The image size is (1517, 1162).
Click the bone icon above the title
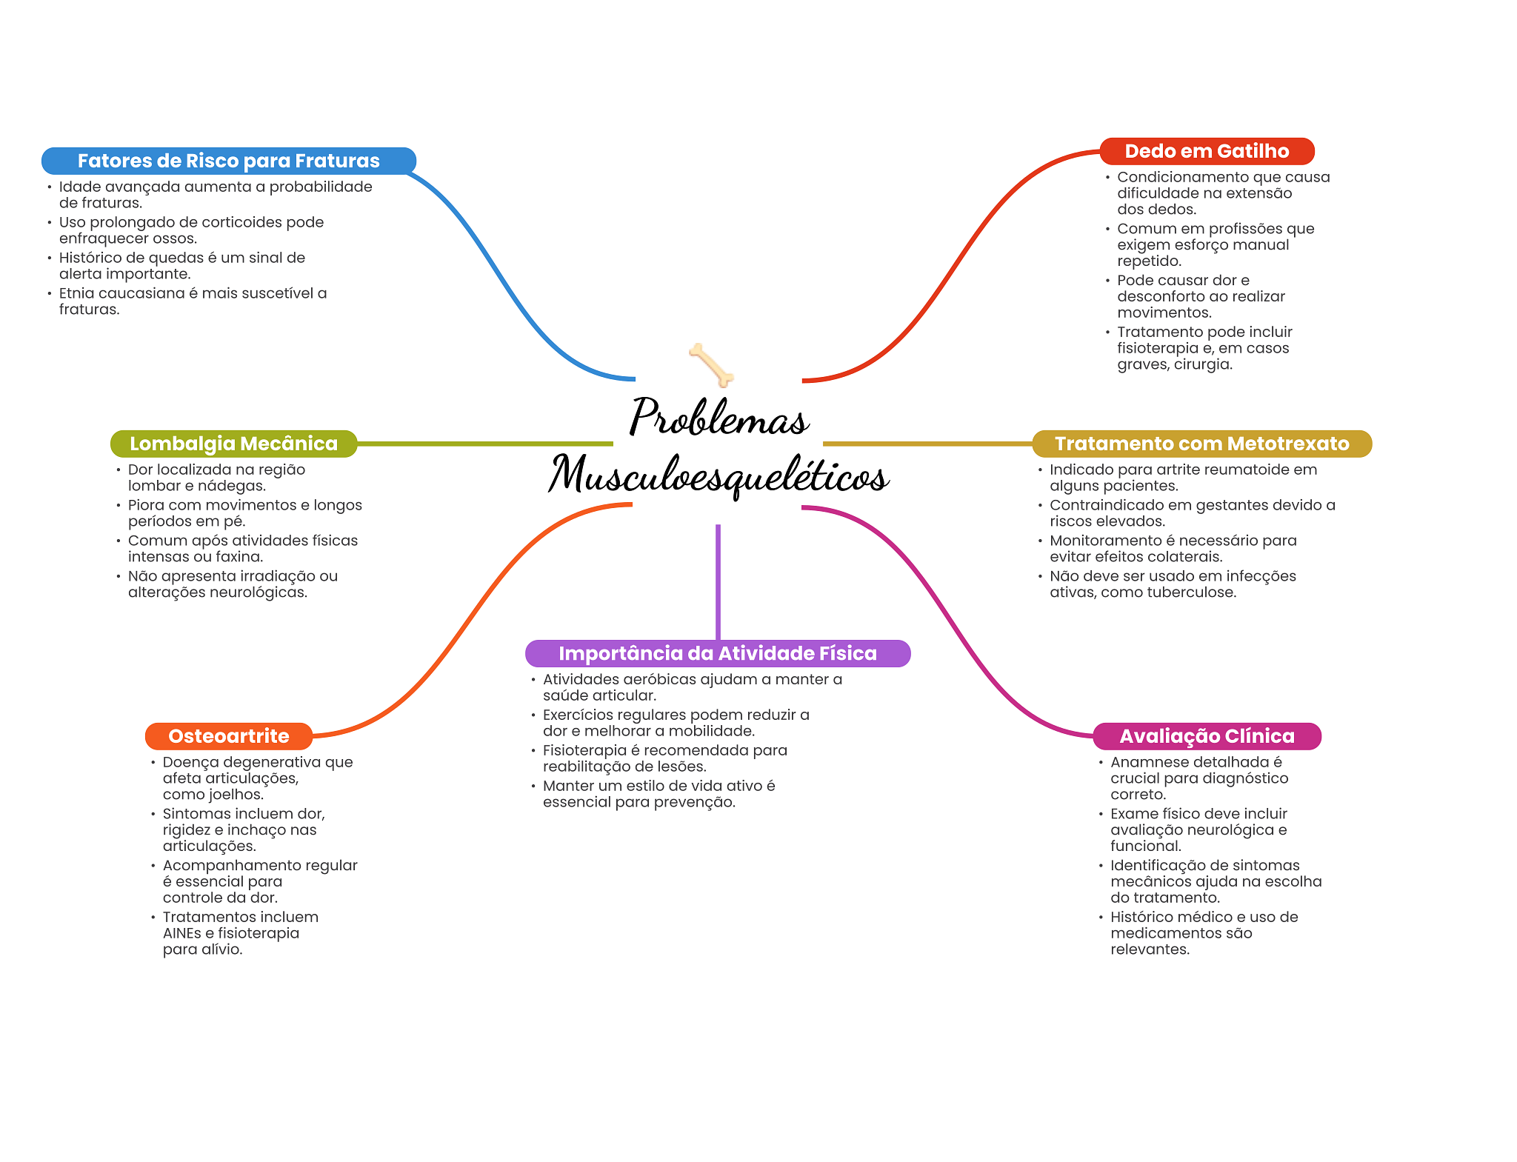tap(711, 364)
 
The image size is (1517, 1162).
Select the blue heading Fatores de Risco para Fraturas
tap(228, 161)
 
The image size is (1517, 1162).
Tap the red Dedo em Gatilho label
tap(1207, 151)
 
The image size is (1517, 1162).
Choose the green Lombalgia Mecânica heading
tap(233, 444)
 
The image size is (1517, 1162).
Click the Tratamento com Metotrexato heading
tap(1201, 444)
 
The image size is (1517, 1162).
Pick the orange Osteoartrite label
tap(228, 736)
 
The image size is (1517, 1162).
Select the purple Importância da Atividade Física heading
tap(717, 653)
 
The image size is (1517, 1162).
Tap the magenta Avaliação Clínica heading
tap(1207, 736)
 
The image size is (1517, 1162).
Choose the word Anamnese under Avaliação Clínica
tap(1141, 762)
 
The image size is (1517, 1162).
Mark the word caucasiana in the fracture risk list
tap(141, 293)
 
